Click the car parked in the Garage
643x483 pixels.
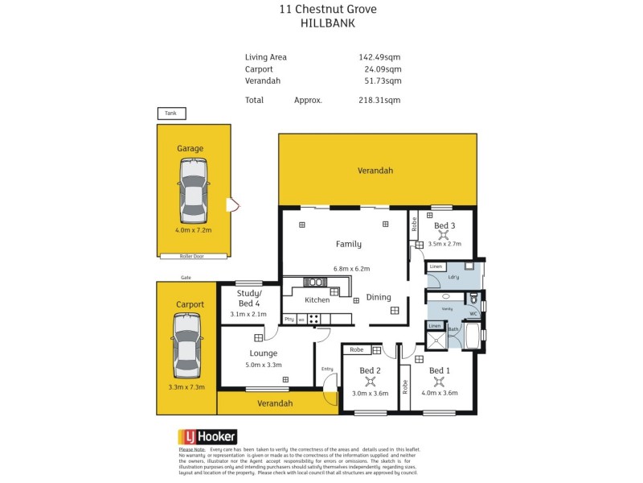pyautogui.click(x=193, y=190)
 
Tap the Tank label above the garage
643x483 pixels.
pyautogui.click(x=170, y=114)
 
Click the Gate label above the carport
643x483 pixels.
pyautogui.click(x=186, y=277)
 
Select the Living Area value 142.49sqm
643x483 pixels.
pyautogui.click(x=379, y=57)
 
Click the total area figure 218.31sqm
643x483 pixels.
pyautogui.click(x=379, y=100)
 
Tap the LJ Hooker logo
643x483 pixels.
pyautogui.click(x=207, y=436)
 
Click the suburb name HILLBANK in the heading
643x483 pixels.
pyautogui.click(x=327, y=24)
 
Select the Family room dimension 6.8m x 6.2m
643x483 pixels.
pyautogui.click(x=348, y=269)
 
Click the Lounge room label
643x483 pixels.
pyautogui.click(x=263, y=353)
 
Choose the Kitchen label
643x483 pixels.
pyautogui.click(x=317, y=299)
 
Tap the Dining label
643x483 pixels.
pyautogui.click(x=379, y=297)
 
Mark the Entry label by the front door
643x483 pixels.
pyautogui.click(x=327, y=369)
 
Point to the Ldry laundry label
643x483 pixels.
pyautogui.click(x=453, y=277)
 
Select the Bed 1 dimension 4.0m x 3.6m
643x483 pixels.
pyautogui.click(x=439, y=393)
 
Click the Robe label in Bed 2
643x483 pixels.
pyautogui.click(x=356, y=350)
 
